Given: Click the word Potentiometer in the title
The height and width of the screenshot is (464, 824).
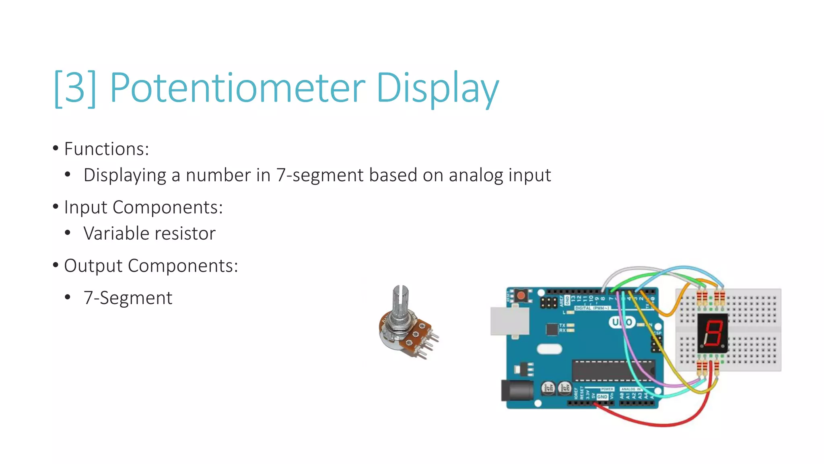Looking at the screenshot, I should (237, 88).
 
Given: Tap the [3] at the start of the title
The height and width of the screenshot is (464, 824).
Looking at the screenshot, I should (75, 88).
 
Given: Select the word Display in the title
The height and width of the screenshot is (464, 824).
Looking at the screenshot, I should (437, 88).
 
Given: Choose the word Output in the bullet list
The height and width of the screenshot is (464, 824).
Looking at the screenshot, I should (93, 266).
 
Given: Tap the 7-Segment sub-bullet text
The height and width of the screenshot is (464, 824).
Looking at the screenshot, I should (128, 298).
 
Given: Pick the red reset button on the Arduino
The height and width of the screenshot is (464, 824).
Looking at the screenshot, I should (521, 295).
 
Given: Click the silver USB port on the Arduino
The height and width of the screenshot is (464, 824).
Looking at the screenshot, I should (510, 321).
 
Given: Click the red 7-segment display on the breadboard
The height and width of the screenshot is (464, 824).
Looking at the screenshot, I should (712, 333).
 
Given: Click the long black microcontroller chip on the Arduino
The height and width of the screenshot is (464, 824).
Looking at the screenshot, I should (612, 370).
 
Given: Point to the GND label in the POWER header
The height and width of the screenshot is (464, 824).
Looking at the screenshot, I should (602, 397).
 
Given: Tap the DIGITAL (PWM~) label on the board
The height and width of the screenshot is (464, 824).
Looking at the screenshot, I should (592, 308).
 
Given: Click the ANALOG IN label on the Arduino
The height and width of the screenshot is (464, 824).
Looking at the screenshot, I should (630, 389).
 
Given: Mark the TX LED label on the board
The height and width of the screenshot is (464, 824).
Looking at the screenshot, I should (562, 325).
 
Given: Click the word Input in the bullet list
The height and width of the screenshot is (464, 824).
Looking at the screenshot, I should (86, 207).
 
